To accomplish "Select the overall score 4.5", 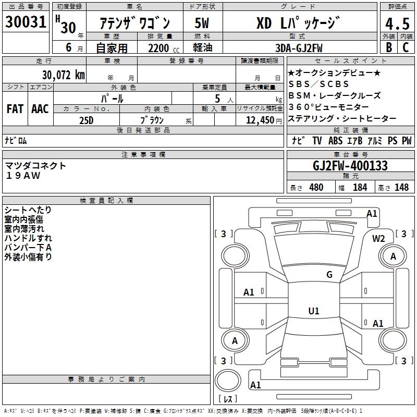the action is [397, 24].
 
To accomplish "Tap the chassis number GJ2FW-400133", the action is [350, 166].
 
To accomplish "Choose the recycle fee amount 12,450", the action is [259, 120].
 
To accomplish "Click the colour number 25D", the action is [86, 120].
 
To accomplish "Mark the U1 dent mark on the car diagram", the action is [313, 311].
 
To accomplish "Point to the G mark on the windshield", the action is [329, 275].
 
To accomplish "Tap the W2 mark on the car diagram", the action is [378, 238].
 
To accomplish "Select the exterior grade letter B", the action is [388, 47].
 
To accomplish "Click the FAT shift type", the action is [15, 109].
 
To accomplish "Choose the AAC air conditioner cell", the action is [40, 109].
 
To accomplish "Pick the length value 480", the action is [316, 187].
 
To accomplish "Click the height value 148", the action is [401, 187].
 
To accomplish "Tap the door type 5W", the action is [203, 24].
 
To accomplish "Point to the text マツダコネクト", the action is [35, 166].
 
